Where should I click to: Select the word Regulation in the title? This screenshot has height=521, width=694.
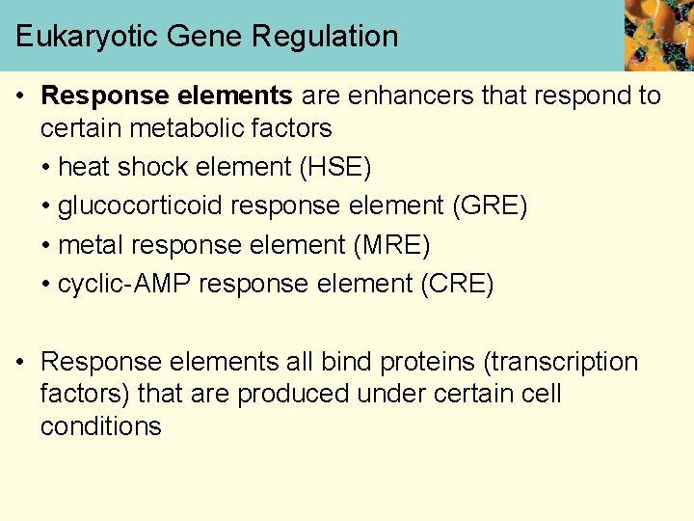[325, 38]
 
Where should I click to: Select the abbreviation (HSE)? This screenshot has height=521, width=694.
[335, 168]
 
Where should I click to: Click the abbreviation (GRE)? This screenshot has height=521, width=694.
[490, 206]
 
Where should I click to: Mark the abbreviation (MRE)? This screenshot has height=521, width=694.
[392, 245]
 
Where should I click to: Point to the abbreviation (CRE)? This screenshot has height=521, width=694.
[455, 285]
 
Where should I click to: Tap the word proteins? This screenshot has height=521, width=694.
[429, 363]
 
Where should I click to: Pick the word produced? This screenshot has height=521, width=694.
[293, 395]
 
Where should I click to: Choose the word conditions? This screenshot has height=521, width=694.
[101, 426]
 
